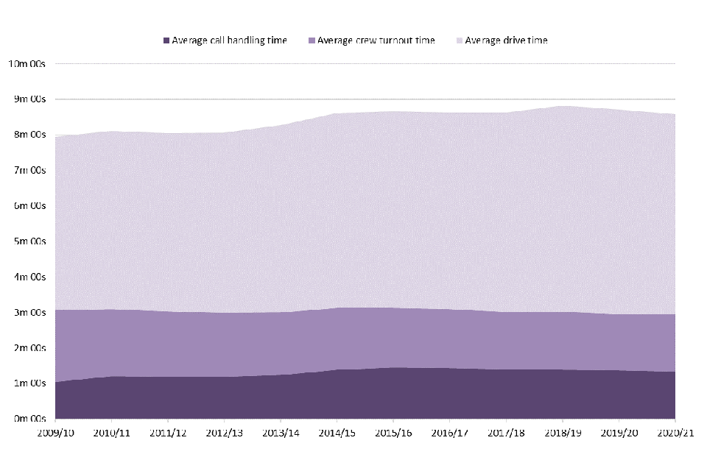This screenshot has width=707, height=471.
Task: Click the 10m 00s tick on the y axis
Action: (27, 63)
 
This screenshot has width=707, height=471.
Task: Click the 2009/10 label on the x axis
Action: (54, 433)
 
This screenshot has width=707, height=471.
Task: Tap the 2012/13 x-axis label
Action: (224, 433)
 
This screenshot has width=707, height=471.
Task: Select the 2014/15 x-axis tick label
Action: (337, 433)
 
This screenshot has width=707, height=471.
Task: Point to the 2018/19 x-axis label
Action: (563, 433)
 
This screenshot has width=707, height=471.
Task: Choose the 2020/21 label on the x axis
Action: (675, 433)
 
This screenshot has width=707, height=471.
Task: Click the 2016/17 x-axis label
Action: (450, 433)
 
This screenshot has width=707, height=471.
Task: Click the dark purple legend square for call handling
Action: (166, 40)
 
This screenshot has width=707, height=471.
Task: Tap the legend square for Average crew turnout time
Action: (312, 40)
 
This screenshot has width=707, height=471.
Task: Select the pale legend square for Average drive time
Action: (459, 40)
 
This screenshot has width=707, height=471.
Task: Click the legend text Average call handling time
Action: (229, 40)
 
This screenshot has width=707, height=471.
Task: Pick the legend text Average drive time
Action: (506, 40)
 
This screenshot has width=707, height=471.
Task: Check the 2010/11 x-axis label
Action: (111, 433)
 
